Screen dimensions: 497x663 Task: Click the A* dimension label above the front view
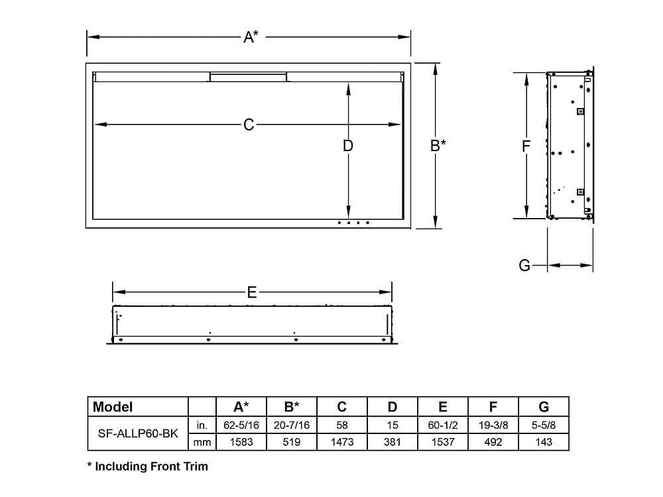pos(250,37)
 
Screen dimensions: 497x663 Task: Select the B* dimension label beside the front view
pos(438,145)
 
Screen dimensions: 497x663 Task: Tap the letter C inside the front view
pos(249,125)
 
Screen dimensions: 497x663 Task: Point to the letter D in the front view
pos(348,145)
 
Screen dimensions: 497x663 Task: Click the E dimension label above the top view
pos(252,292)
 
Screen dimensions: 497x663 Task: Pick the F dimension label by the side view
pos(526,146)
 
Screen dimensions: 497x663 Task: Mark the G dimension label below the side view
pos(524,266)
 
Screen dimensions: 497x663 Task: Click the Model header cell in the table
pos(113,407)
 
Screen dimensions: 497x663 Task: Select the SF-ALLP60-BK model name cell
pos(138,433)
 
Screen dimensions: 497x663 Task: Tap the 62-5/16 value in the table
pos(241,424)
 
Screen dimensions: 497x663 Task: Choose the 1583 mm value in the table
pos(241,442)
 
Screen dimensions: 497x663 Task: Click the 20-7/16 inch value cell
pos(292,424)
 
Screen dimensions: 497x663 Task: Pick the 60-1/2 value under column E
pos(442,424)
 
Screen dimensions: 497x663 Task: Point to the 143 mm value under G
pos(544,442)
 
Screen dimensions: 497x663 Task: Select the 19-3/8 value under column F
pos(493,424)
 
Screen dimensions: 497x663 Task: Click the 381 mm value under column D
pos(392,442)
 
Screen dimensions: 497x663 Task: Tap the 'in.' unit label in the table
pos(202,424)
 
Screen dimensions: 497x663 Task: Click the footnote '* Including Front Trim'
pos(148,467)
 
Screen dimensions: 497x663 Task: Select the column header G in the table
pos(544,407)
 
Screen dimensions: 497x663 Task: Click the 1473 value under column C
pos(342,442)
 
